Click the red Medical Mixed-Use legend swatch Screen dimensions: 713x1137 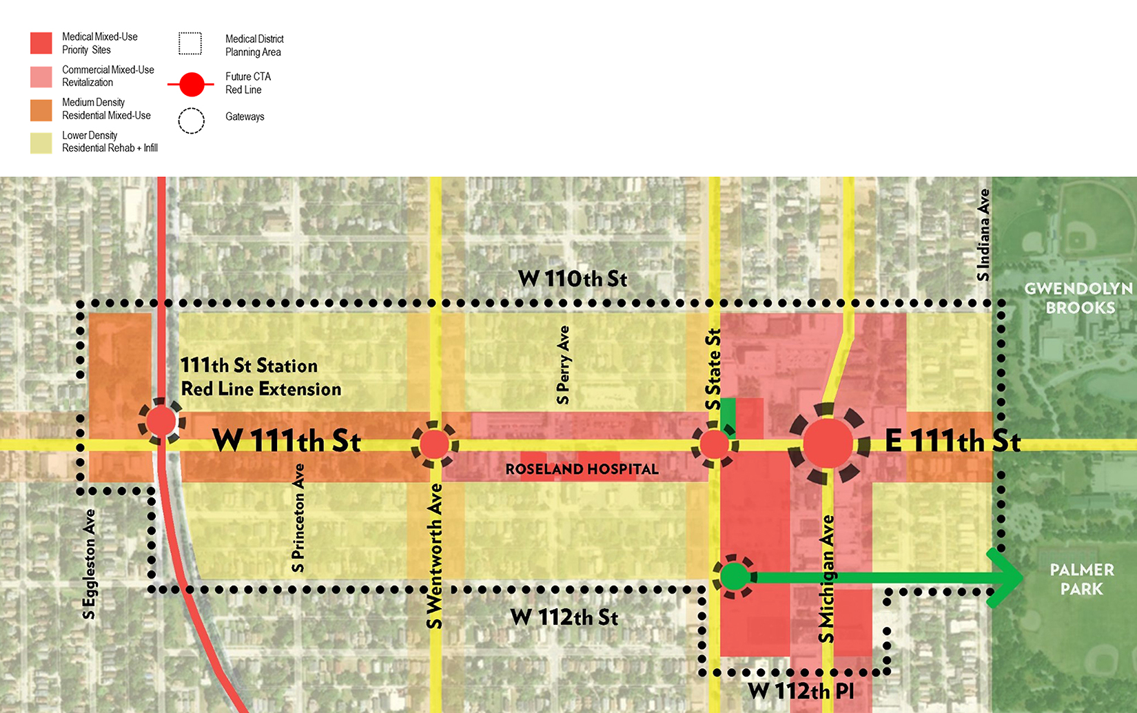[41, 43]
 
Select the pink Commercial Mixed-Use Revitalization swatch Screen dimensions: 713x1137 [41, 76]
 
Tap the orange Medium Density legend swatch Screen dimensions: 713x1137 [41, 110]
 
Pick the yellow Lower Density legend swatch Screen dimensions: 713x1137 [41, 143]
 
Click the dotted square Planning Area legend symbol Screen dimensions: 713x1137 [190, 43]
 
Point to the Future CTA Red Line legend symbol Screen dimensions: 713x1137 [192, 84]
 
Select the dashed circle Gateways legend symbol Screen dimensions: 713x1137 [192, 121]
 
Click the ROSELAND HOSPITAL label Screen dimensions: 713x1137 [582, 469]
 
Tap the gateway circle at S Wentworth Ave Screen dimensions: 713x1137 [434, 444]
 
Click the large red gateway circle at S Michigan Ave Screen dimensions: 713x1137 [828, 444]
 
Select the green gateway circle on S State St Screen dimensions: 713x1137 [735, 576]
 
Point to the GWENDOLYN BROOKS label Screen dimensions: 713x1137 [1079, 298]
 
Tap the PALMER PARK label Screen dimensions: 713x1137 [1081, 579]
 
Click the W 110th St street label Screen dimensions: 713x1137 [573, 279]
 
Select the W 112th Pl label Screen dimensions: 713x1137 [801, 691]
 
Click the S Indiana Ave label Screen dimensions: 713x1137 [983, 234]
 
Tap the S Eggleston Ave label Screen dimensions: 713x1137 [89, 564]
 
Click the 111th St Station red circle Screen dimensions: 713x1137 [161, 420]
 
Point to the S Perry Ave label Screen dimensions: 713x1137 [564, 364]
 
